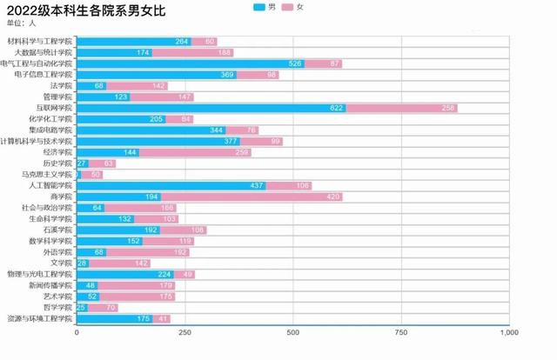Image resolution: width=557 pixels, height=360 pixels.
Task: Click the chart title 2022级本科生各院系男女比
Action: tap(84, 11)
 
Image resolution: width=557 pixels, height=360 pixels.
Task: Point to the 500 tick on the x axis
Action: tap(292, 332)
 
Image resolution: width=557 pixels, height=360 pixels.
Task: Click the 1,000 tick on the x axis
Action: tap(508, 332)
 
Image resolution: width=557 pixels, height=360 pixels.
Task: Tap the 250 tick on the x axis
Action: tap(185, 332)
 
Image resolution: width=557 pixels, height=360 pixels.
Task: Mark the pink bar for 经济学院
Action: tap(195, 152)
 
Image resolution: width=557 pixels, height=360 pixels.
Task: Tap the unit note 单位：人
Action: tap(22, 23)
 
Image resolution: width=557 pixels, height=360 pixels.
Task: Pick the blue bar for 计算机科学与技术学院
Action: tap(158, 141)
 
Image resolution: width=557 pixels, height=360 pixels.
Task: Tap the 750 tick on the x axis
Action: tap(400, 332)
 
